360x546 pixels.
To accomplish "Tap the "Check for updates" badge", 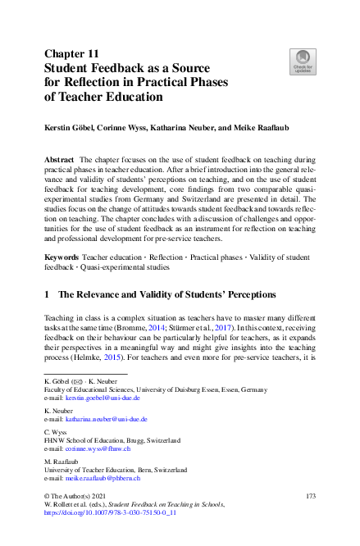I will (301, 60).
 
